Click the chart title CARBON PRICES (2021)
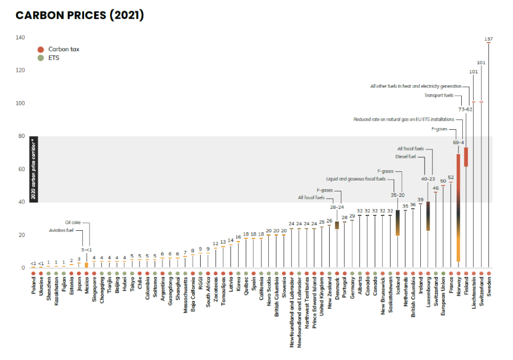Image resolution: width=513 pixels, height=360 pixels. pos(80,15)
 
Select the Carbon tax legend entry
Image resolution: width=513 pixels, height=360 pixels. pos(63,49)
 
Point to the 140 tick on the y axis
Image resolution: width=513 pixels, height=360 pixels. pos(20,38)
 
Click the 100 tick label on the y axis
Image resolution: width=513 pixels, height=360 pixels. pos(20,103)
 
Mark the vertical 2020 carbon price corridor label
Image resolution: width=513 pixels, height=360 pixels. pos(33,170)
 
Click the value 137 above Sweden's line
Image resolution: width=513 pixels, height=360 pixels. pos(488,39)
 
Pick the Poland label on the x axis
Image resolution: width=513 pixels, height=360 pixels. pos(33,287)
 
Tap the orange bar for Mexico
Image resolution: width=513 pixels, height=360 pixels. pos(86,265)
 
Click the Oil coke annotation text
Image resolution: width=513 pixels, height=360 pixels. pos(73,223)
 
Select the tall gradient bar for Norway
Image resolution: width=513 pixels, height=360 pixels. pos(458,207)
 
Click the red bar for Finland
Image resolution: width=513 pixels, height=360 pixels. pos(466,157)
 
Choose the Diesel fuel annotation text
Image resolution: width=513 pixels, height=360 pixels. pos(406,157)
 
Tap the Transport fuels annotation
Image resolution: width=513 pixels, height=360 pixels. pos(439,95)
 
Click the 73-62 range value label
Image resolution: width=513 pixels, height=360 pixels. pos(465,110)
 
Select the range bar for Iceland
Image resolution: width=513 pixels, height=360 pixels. pos(397,223)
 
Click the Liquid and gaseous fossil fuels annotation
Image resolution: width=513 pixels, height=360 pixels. pos(356,179)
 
